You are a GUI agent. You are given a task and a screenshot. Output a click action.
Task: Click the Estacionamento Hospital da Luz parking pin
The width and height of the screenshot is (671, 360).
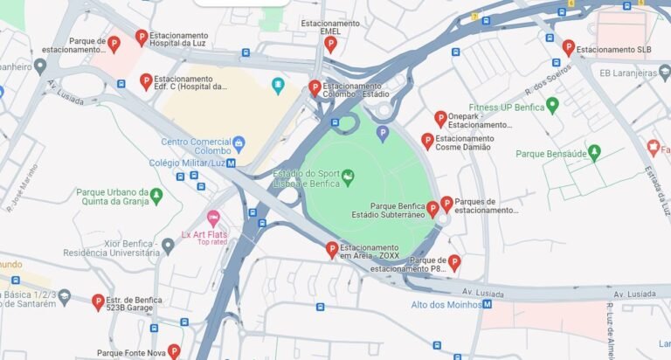[x=142, y=37]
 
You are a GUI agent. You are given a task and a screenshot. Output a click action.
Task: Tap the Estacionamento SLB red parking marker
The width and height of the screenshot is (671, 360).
[x=568, y=47]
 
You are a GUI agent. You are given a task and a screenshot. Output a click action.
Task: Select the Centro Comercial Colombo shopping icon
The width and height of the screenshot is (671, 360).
[x=239, y=142]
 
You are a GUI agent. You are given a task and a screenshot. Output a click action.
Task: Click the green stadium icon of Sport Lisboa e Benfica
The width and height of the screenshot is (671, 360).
[x=348, y=177]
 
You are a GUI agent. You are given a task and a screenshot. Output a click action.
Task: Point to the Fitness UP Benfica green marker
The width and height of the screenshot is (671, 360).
[x=551, y=106]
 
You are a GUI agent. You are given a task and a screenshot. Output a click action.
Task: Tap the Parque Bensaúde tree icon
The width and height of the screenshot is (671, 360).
[x=594, y=153]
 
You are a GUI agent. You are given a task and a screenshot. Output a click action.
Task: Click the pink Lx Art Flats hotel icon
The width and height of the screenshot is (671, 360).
[x=212, y=218]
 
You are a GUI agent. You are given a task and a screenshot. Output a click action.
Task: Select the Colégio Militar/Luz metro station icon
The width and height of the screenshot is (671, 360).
[x=231, y=163]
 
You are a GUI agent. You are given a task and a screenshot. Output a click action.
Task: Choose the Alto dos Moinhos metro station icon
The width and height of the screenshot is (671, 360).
[x=488, y=304]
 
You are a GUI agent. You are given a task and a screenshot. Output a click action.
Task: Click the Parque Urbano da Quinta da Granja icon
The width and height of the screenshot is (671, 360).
[x=156, y=195]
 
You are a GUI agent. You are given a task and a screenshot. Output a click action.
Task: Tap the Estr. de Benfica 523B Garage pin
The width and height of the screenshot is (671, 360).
[x=98, y=301]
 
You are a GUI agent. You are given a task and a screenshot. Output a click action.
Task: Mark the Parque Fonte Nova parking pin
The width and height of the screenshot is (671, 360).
[x=174, y=351]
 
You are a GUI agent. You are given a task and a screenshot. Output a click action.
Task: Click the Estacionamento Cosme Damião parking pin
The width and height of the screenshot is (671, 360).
[x=427, y=140]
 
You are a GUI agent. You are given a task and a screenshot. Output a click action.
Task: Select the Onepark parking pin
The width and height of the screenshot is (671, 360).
[x=440, y=118]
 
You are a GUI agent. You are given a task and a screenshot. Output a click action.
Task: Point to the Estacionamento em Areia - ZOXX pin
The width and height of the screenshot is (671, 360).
[x=331, y=250]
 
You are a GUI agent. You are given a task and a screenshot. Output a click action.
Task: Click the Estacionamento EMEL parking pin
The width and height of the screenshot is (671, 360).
[x=330, y=43]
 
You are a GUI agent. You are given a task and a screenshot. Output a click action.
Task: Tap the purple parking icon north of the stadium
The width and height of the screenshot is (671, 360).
[x=382, y=133]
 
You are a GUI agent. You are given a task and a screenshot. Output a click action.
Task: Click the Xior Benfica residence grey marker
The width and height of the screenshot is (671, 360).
[x=168, y=246]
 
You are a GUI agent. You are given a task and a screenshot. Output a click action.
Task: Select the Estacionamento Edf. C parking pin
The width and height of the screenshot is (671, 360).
[x=146, y=81]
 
